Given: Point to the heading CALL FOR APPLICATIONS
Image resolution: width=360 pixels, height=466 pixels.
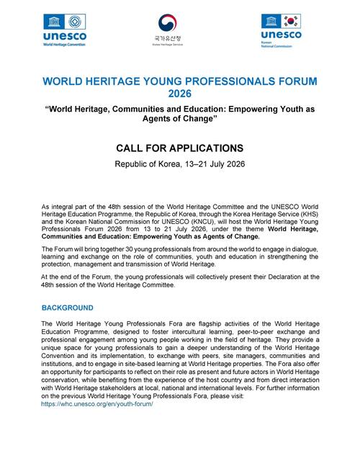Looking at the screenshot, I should pos(181,148).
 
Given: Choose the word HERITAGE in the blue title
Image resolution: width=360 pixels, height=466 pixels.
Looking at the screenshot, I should pos(136,81).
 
